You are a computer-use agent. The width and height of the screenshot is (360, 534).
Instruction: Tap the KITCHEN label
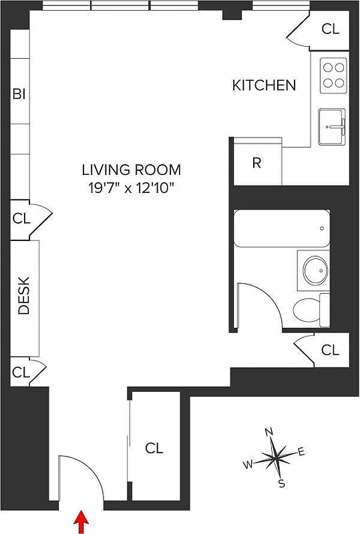point(263,85)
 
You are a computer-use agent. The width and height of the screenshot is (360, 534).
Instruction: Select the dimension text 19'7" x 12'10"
point(131,188)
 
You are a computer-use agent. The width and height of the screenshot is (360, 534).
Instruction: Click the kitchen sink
point(333,126)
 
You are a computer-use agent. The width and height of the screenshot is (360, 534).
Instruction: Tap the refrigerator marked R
point(256,164)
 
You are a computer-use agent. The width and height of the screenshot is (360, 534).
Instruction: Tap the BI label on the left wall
point(19,94)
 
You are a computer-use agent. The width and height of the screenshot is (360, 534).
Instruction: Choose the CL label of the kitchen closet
point(330,29)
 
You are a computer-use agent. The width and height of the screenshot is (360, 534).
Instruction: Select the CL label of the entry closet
point(155,447)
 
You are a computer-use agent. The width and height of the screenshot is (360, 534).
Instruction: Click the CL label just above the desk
point(21,218)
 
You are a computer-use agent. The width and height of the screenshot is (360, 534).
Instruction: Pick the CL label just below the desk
point(21,372)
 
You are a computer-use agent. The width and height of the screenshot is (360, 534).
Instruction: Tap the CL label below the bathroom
point(330,350)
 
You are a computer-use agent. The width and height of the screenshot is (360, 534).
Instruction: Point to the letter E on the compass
point(301,453)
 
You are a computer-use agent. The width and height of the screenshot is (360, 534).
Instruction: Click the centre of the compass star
point(275,459)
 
